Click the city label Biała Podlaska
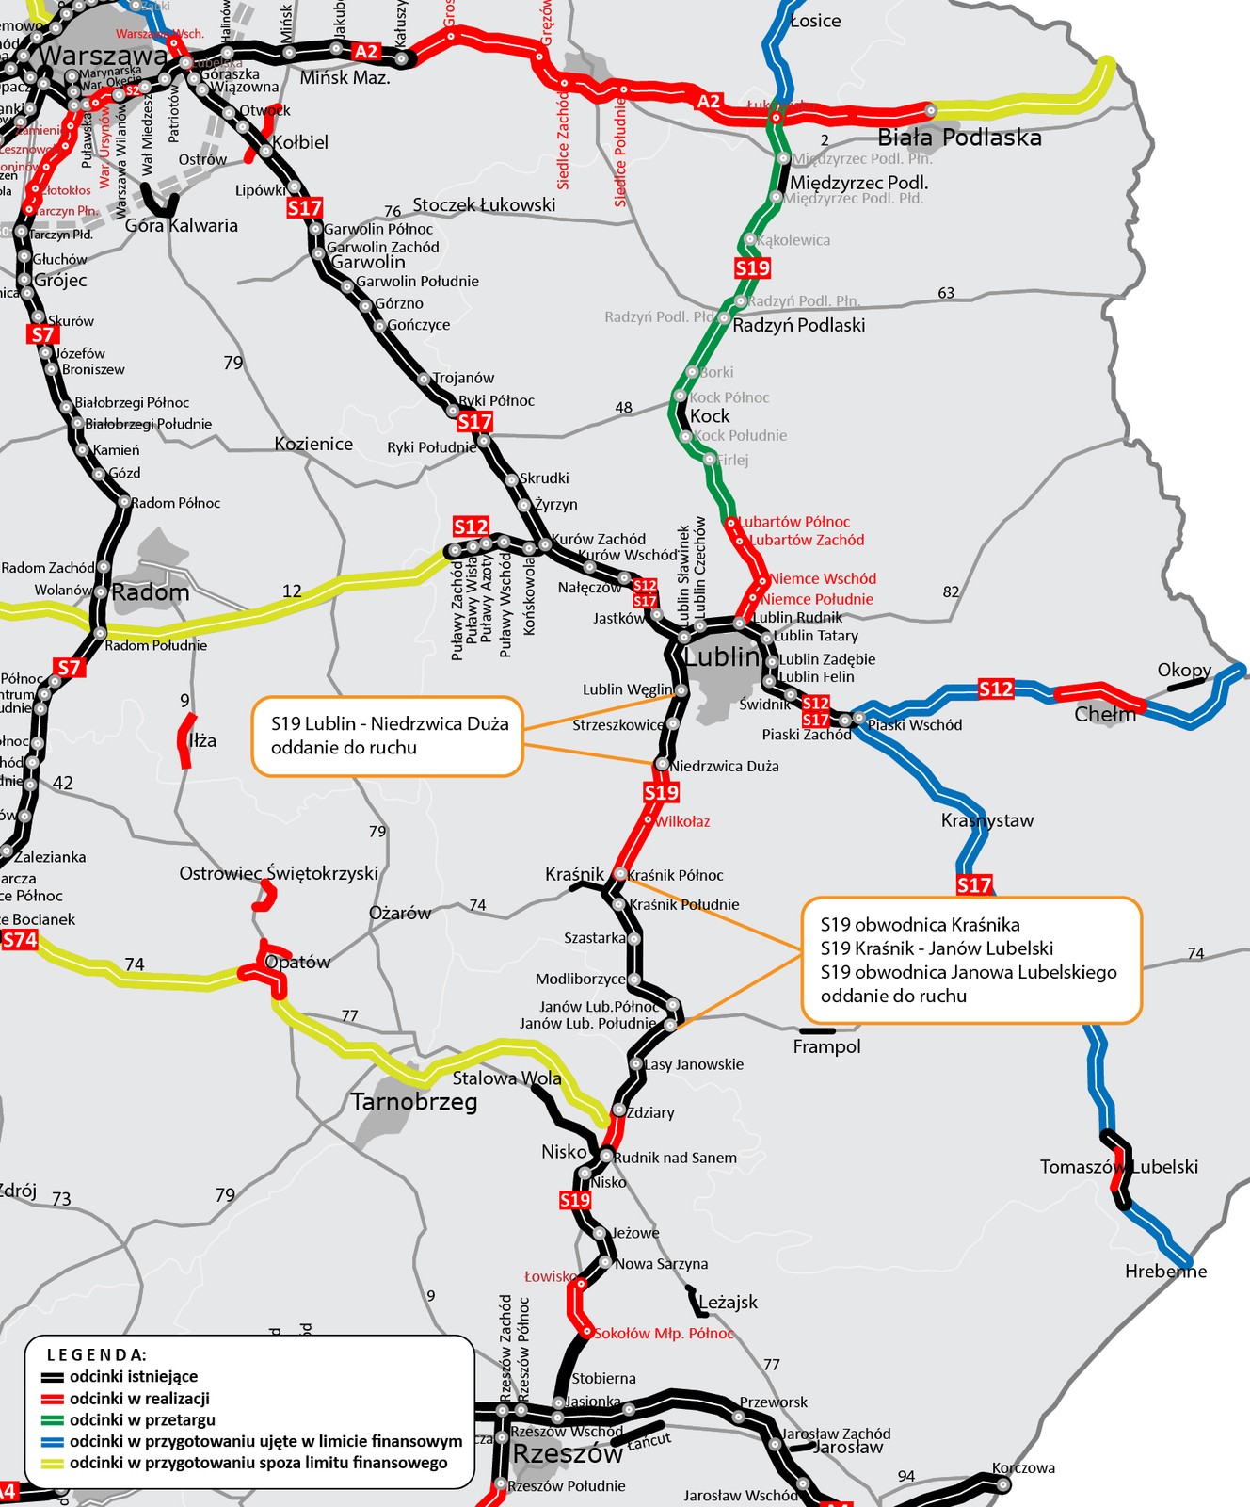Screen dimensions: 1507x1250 tap(959, 138)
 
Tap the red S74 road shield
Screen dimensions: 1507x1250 tap(20, 939)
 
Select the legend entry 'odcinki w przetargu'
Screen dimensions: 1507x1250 tap(142, 1419)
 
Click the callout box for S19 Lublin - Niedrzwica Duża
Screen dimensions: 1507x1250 tap(388, 736)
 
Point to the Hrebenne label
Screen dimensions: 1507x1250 tap(1165, 1271)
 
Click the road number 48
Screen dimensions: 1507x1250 tap(623, 407)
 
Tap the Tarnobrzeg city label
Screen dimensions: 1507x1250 tap(414, 1101)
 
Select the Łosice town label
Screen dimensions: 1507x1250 tap(815, 21)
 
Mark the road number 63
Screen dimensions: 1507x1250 tap(946, 292)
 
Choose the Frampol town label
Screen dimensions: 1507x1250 tap(826, 1046)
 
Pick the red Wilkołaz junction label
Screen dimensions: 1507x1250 tap(682, 821)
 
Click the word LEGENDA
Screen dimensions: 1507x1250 tap(97, 1354)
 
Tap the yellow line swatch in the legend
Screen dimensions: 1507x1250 tap(52, 1463)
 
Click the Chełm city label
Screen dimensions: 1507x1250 tap(1104, 714)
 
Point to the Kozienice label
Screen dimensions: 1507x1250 tap(313, 444)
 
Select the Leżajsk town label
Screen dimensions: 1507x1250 tap(728, 1302)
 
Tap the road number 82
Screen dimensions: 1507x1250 tap(951, 591)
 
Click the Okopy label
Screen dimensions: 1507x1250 tap(1184, 670)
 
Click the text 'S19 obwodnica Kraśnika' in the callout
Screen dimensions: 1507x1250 tap(920, 925)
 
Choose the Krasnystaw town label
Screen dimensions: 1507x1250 tap(986, 820)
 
